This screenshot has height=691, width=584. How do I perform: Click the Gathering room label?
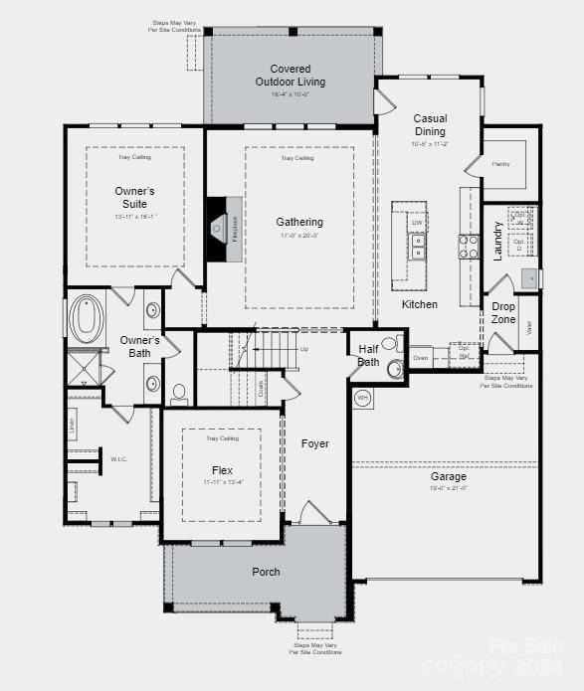[x=299, y=222]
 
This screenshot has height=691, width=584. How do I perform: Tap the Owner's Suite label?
[x=134, y=197]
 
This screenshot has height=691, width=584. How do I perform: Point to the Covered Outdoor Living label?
[x=290, y=76]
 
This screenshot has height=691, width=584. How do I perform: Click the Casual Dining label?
[x=430, y=125]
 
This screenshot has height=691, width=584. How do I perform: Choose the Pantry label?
[x=500, y=163]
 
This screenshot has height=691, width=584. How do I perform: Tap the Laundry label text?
[x=498, y=240]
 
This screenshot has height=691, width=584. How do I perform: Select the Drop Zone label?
[x=503, y=313]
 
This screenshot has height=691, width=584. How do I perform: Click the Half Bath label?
[x=369, y=355]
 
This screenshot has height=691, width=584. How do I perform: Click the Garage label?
[x=448, y=476]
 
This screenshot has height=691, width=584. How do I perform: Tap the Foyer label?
[x=315, y=443]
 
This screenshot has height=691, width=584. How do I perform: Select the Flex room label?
[x=222, y=469]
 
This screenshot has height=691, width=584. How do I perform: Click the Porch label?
[x=266, y=572]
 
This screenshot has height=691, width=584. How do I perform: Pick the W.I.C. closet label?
[x=118, y=459]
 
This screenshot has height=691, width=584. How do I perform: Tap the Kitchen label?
[x=420, y=304]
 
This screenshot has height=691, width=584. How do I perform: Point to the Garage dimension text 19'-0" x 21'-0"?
[x=448, y=488]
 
